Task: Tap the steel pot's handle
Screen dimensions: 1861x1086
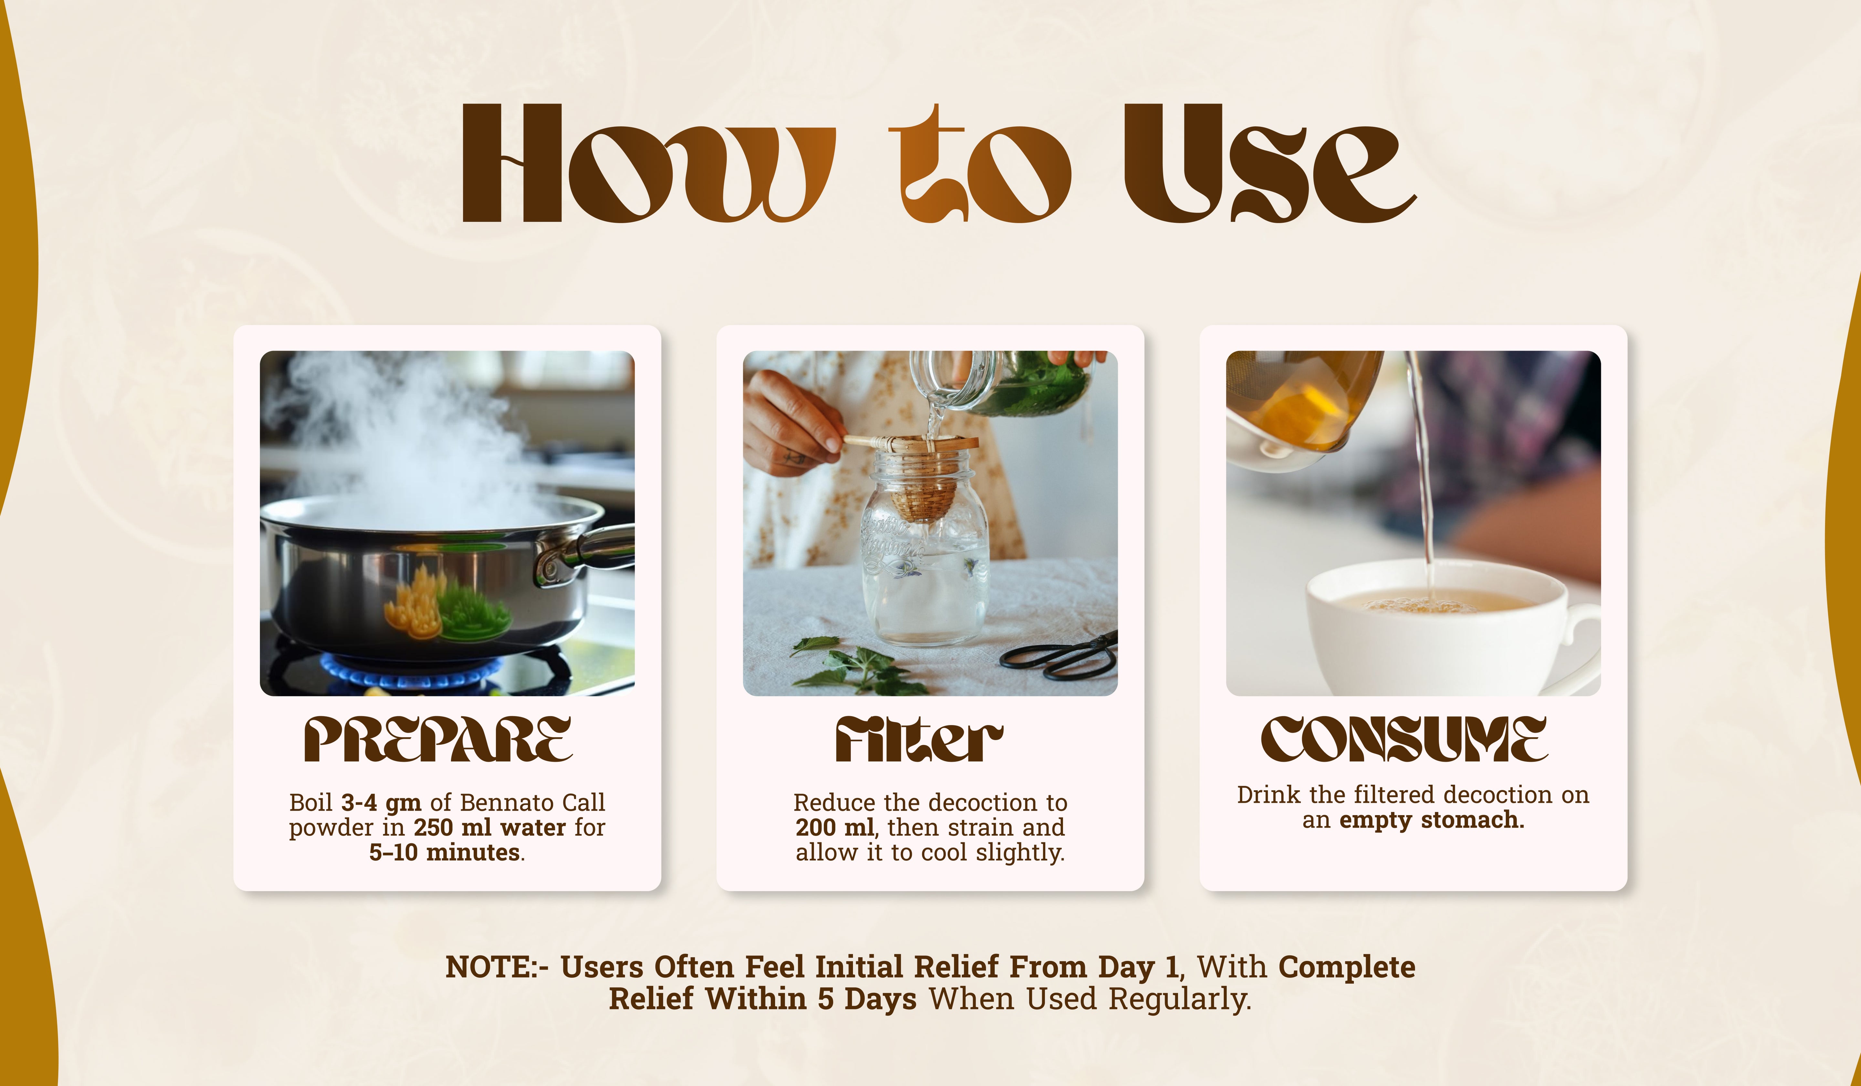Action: click(587, 550)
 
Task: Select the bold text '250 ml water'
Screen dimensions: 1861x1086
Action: click(489, 827)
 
